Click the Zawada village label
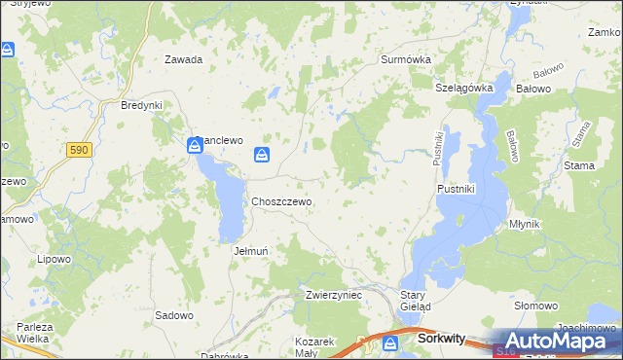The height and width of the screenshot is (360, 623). [x=183, y=59]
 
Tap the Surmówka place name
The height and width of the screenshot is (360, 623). [x=405, y=59]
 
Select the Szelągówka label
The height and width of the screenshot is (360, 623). [x=464, y=88]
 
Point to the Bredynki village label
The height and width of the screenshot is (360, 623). [x=140, y=105]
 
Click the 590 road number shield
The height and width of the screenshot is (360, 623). [x=79, y=149]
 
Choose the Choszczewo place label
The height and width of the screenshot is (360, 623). [x=281, y=201]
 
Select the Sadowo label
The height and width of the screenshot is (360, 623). [x=174, y=315]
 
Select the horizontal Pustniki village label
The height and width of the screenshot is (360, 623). [x=456, y=189]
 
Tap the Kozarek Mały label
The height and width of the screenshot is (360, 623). [x=314, y=347]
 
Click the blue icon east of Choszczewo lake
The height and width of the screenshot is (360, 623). [x=262, y=155]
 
